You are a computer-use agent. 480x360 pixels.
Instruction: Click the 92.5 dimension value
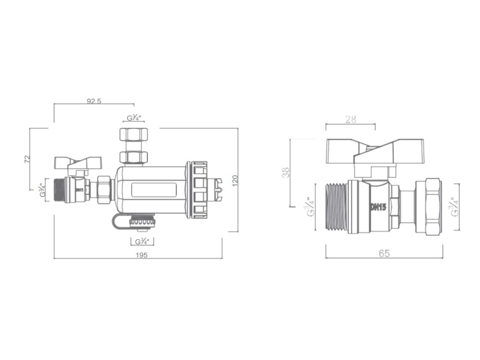94,101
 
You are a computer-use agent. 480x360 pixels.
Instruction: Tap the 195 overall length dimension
141,255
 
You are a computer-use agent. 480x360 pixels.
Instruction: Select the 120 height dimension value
235,181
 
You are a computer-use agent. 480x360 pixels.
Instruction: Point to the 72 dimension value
27,159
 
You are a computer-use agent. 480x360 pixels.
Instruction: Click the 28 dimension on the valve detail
350,119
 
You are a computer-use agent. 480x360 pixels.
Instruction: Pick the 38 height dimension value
286,172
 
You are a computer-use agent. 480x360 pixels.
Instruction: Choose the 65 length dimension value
384,253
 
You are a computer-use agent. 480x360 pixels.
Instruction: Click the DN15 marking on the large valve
378,207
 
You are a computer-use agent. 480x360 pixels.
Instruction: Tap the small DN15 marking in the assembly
79,189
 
